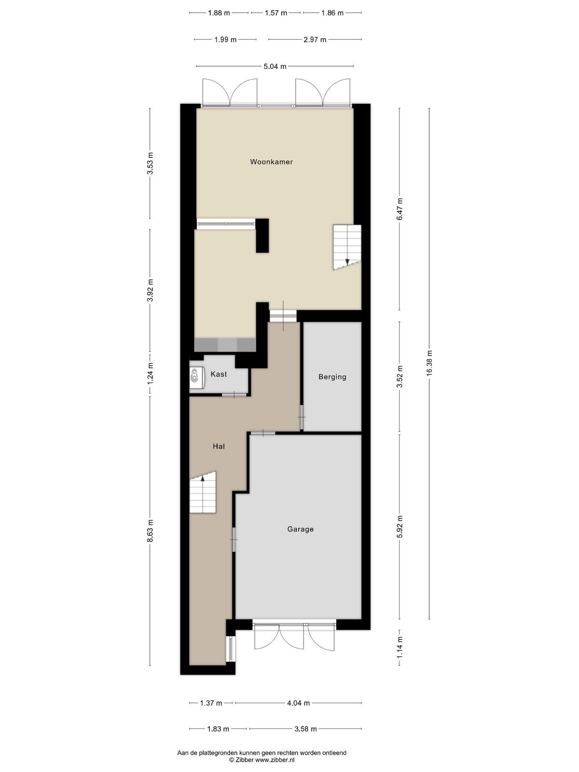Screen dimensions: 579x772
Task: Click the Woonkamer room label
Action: pyautogui.click(x=271, y=162)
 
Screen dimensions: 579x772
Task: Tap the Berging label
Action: pyautogui.click(x=332, y=377)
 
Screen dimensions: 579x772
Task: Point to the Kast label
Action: pyautogui.click(x=219, y=374)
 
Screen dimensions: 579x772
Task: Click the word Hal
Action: pyautogui.click(x=219, y=446)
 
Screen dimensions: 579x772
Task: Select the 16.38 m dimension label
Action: pyautogui.click(x=429, y=363)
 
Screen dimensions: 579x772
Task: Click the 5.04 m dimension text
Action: pyautogui.click(x=275, y=66)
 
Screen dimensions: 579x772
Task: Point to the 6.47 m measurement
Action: pyautogui.click(x=400, y=209)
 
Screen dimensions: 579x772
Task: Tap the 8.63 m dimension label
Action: pyautogui.click(x=150, y=531)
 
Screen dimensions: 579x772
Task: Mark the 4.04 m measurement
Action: pyautogui.click(x=299, y=703)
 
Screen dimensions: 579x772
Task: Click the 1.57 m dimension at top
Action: pyautogui.click(x=276, y=13)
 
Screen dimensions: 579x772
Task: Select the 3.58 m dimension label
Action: pyautogui.click(x=305, y=729)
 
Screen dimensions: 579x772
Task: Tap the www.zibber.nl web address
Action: pyautogui.click(x=275, y=760)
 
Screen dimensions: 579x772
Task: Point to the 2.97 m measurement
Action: pyautogui.click(x=315, y=40)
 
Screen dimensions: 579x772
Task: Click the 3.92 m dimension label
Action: pyautogui.click(x=150, y=290)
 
